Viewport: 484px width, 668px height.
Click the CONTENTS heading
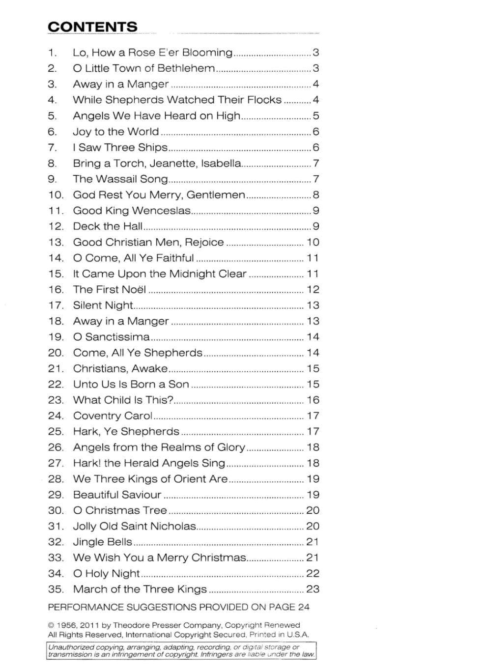point(92,27)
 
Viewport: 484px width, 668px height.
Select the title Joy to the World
point(116,132)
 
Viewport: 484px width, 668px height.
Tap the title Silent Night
point(103,305)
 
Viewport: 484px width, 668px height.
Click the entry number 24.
point(56,416)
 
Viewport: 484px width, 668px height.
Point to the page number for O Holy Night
point(313,573)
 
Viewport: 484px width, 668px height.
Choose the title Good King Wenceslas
point(132,211)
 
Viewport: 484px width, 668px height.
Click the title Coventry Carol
point(113,416)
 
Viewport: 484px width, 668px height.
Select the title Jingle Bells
point(103,542)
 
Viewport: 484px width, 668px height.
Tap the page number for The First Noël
point(313,289)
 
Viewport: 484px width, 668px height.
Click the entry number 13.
point(56,242)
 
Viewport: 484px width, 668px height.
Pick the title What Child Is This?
point(123,400)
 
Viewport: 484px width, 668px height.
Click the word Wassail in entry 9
point(117,179)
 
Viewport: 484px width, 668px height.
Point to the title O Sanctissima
point(112,337)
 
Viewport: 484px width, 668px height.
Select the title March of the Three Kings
point(140,589)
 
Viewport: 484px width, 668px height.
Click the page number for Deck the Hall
point(315,226)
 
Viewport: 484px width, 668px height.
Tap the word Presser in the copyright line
point(182,625)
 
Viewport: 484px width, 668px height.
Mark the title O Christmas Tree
point(120,510)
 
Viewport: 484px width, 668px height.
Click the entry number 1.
point(53,53)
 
